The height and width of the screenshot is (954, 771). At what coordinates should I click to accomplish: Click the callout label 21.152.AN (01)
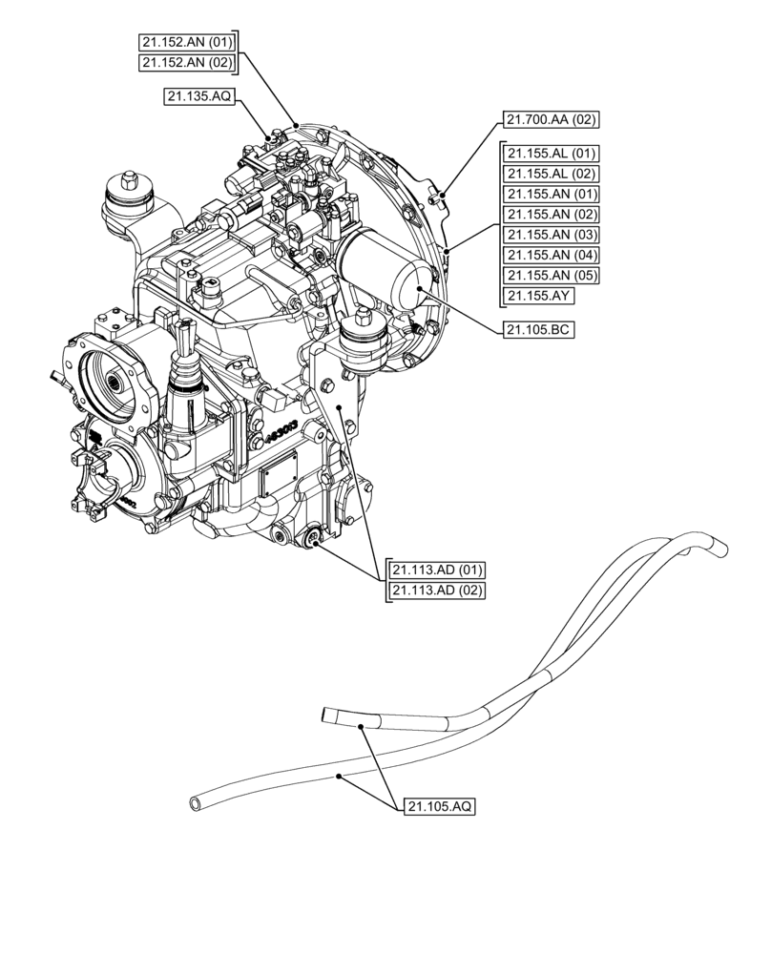pos(186,41)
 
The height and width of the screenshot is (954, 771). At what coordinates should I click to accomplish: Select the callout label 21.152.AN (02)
pos(186,62)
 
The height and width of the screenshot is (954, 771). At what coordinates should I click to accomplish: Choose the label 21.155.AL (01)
pos(552,154)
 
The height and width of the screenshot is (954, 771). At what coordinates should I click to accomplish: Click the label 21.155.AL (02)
pos(552,174)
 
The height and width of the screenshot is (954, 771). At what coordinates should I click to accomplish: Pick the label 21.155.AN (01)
pos(552,194)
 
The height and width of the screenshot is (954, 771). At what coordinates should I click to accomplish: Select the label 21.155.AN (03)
pos(552,235)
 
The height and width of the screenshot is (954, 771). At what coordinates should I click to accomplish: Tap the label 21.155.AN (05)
pos(552,275)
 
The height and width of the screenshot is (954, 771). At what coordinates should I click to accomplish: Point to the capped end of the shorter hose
pos(328,714)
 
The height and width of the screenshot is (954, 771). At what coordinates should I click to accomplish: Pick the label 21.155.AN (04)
pos(552,255)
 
